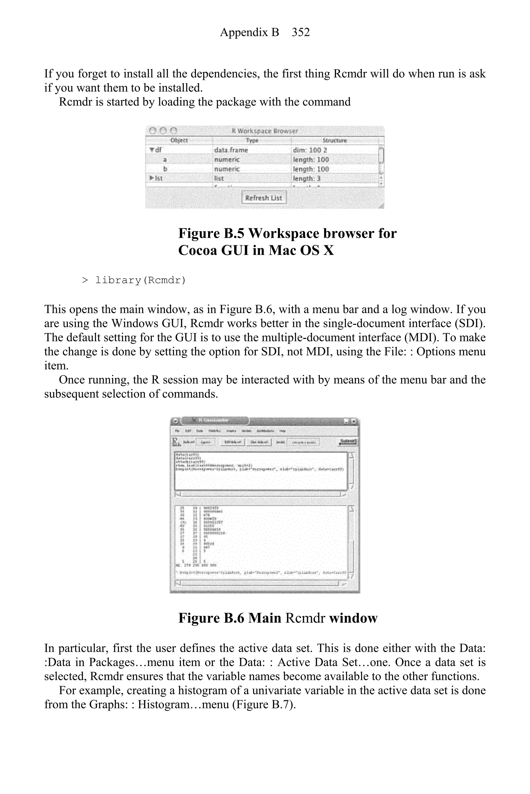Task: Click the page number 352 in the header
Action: click(300, 32)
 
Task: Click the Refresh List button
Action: click(264, 198)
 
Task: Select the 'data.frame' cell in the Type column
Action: click(231, 150)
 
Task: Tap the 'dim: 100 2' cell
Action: click(310, 150)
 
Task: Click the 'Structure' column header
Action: click(335, 140)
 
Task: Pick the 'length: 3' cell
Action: click(307, 178)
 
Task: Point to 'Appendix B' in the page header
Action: click(249, 32)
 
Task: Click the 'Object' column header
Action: click(179, 140)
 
